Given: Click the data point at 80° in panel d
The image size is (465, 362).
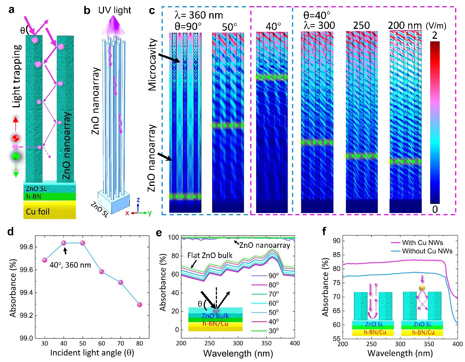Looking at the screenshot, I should (140, 305).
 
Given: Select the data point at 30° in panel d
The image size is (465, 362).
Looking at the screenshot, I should (45, 260).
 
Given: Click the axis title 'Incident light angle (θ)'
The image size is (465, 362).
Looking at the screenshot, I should (92, 352).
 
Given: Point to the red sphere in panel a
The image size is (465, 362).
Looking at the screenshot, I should (15, 138).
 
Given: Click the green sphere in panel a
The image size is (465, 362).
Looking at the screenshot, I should (15, 157).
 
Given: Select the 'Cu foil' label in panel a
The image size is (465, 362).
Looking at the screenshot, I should (38, 212).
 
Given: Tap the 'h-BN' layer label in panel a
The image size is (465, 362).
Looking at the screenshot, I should (33, 197).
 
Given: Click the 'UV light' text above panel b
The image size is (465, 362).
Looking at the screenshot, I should (114, 10).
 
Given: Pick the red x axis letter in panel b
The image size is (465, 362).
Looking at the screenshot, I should (127, 213).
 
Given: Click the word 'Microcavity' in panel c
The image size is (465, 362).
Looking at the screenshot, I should (152, 64).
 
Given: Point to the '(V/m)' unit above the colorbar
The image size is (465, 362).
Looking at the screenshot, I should (436, 26).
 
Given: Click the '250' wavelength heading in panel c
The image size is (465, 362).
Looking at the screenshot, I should (361, 25).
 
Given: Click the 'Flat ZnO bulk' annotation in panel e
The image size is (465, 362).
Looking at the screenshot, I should (210, 255).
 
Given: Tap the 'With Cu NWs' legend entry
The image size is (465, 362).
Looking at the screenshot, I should (422, 242).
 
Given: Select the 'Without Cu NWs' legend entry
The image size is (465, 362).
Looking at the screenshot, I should (427, 251).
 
